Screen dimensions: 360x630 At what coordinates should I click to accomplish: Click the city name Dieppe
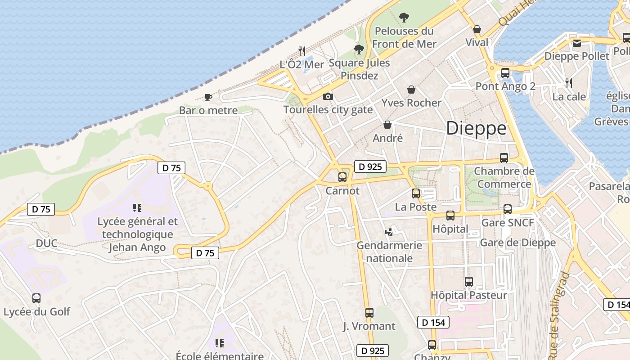[476, 129]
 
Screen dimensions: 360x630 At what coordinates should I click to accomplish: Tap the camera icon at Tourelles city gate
[328, 96]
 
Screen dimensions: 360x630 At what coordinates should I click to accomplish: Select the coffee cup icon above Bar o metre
[208, 97]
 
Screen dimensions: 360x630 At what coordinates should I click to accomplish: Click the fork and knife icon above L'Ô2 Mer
[302, 51]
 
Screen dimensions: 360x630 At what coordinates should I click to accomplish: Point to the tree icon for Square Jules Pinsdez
[359, 49]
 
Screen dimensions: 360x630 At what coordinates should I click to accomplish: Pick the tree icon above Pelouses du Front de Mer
[404, 18]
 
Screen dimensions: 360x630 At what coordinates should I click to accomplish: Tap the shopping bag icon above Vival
[477, 30]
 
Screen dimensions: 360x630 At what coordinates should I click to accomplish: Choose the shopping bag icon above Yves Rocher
[411, 90]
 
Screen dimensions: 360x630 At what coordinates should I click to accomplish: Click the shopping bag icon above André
[387, 125]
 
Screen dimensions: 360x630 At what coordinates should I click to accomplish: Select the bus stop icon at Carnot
[342, 177]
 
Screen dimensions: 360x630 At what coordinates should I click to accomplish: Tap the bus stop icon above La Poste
[416, 193]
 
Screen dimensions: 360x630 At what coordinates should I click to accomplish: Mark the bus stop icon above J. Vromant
[369, 313]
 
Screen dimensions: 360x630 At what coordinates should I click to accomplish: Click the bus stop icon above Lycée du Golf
[36, 298]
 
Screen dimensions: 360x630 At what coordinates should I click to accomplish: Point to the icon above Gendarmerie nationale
[389, 232]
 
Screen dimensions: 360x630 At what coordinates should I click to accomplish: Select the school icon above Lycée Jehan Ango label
[137, 208]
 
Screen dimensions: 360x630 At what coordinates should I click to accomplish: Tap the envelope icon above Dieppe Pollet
[577, 43]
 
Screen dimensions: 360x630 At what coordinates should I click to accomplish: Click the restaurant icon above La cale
[569, 83]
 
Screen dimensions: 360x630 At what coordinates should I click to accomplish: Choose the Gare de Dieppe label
[518, 243]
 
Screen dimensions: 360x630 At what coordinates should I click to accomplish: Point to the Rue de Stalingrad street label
[558, 310]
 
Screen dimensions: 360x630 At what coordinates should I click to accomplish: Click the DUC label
[47, 243]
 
